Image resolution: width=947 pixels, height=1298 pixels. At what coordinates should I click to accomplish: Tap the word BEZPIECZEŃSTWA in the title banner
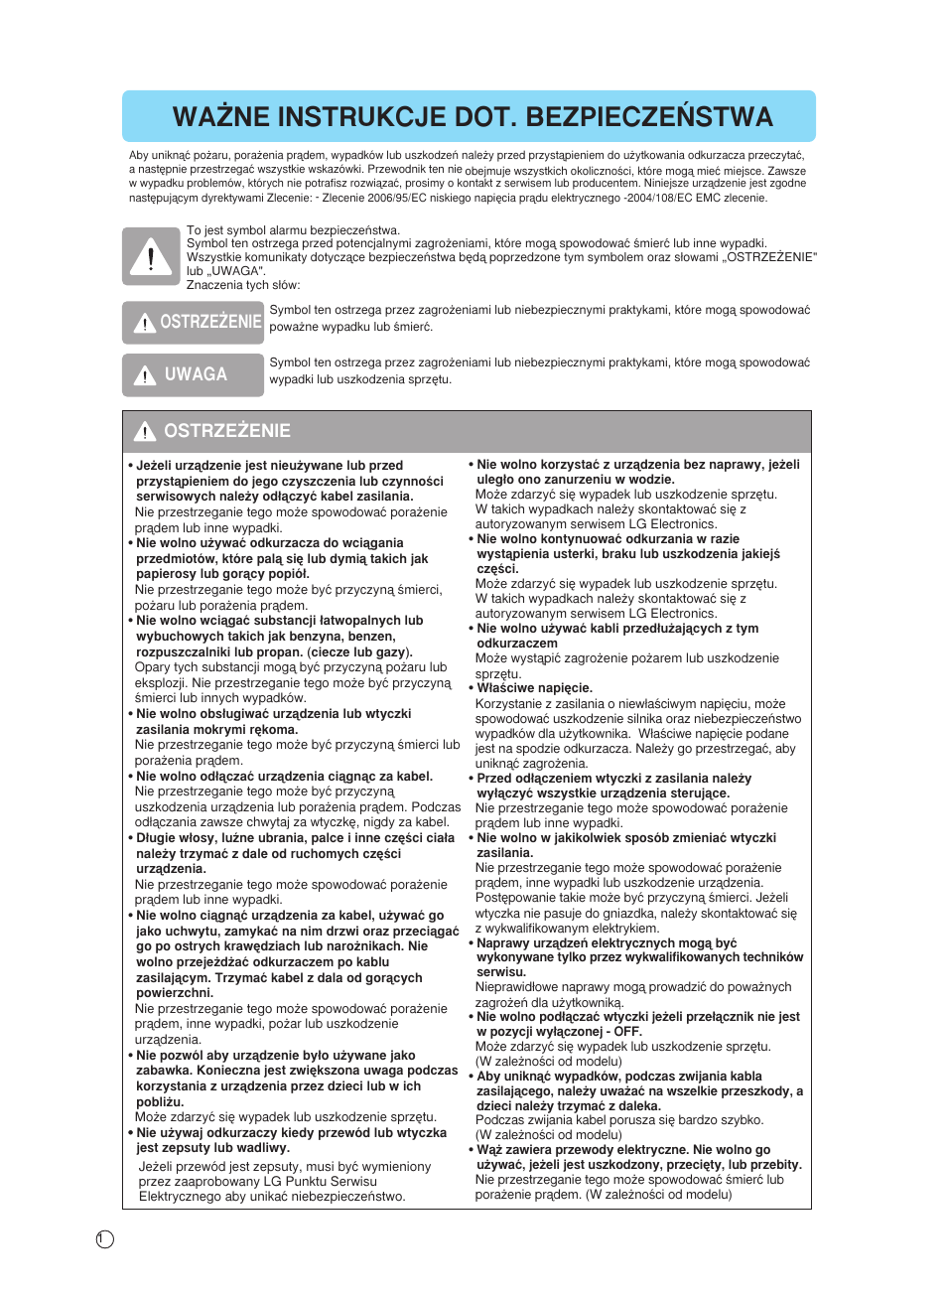(x=649, y=117)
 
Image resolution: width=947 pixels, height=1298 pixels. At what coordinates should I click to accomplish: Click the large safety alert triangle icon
(x=151, y=256)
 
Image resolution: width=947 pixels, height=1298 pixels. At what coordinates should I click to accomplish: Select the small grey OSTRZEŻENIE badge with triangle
(x=193, y=322)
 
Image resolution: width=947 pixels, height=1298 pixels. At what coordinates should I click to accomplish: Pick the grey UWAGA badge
(x=193, y=374)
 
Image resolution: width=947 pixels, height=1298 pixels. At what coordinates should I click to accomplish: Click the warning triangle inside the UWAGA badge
(x=145, y=375)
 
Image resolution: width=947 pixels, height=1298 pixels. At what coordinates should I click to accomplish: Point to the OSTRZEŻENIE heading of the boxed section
(x=226, y=431)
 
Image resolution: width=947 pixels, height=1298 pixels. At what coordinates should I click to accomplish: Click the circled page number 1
(x=105, y=1238)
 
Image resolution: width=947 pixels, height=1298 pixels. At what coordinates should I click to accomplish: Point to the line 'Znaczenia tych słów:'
(x=242, y=285)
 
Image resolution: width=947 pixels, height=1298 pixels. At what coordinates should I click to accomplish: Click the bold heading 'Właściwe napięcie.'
(x=534, y=688)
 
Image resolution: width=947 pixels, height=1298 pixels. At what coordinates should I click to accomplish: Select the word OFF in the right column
(x=627, y=1032)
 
